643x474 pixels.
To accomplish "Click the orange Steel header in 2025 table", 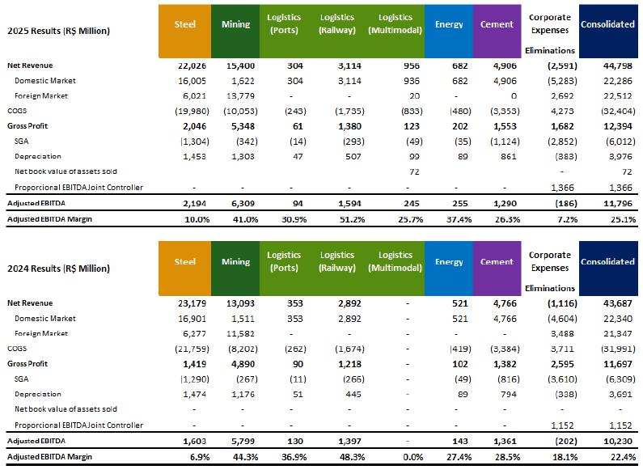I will click(184, 24).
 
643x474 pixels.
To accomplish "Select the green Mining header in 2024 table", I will click(235, 262).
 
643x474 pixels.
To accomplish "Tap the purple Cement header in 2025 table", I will click(497, 24).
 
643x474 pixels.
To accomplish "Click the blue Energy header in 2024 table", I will click(448, 262).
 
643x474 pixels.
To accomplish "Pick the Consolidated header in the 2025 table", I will click(607, 24).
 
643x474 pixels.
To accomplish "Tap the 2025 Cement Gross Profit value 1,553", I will click(504, 126).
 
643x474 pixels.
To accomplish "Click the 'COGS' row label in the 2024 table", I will click(16, 349).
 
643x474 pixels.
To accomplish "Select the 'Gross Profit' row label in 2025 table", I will click(27, 126).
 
